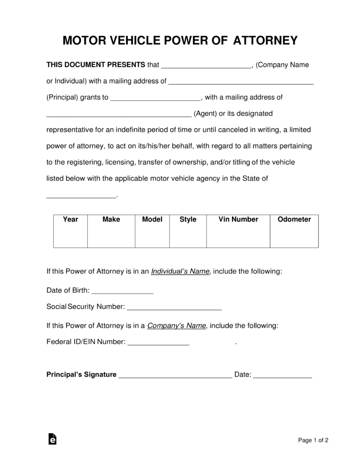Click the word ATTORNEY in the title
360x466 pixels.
coord(265,41)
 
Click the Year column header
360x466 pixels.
coord(71,219)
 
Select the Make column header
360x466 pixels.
coord(111,219)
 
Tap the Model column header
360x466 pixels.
coord(152,219)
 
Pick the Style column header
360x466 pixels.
coord(188,219)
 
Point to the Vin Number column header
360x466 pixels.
coord(238,219)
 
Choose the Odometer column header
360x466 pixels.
coord(294,219)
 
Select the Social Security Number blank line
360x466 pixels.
coord(174,308)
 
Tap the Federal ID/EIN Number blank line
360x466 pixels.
coord(158,343)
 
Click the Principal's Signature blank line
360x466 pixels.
coord(175,376)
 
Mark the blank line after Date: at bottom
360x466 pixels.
coord(282,376)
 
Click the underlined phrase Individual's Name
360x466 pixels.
coord(180,271)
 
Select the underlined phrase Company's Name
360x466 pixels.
coord(177,326)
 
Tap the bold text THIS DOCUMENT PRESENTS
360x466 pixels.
coord(96,65)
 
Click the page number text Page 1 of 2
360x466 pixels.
coord(313,440)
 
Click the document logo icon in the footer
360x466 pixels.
coord(52,439)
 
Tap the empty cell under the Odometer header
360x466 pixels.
coord(294,237)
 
